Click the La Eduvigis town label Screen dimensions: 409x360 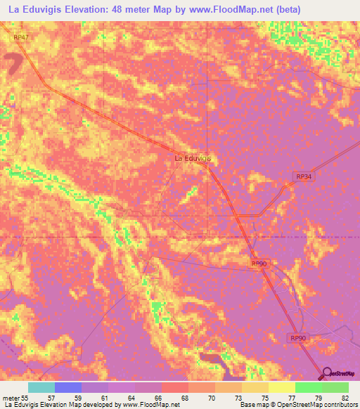[193, 159]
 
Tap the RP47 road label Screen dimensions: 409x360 [22, 37]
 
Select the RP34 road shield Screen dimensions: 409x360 [302, 178]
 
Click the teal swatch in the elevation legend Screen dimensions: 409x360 [41, 387]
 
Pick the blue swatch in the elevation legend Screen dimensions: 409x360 [67, 387]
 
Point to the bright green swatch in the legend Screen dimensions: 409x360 [309, 387]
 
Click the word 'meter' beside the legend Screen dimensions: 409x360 [11, 397]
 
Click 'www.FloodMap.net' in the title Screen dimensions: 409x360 [223, 10]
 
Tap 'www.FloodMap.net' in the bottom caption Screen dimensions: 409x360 [149, 405]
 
